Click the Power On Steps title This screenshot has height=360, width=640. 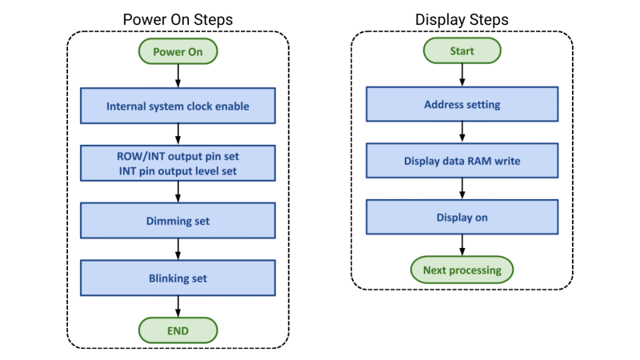[178, 18]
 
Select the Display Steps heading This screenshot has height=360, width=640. [462, 18]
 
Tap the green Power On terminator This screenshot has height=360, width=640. [178, 52]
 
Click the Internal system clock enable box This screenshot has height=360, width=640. [178, 106]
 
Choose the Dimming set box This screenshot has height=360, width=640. [178, 220]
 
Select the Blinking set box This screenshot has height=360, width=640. [178, 278]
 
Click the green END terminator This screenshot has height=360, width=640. [178, 329]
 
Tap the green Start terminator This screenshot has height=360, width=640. [462, 51]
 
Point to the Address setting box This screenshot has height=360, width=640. [462, 104]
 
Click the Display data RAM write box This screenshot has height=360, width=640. [462, 161]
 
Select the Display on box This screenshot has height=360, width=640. [462, 217]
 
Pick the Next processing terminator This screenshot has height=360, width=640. [462, 270]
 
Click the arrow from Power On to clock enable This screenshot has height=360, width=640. [178, 76]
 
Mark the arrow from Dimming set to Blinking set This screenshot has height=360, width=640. [178, 249]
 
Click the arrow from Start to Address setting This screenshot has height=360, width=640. [462, 75]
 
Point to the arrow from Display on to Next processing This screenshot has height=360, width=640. [462, 244]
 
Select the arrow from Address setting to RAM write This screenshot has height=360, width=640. [462, 132]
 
